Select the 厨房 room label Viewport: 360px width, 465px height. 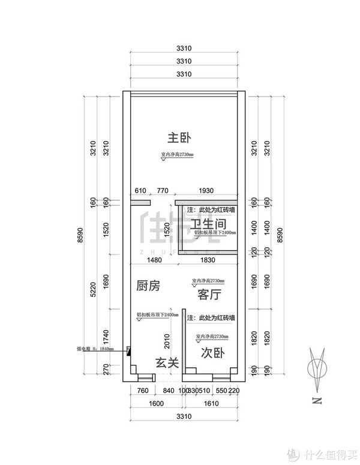148,286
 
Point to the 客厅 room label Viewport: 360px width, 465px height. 208,295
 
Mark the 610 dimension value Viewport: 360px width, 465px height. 140,190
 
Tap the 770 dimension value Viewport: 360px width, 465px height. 162,190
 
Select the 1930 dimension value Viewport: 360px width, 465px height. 206,190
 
